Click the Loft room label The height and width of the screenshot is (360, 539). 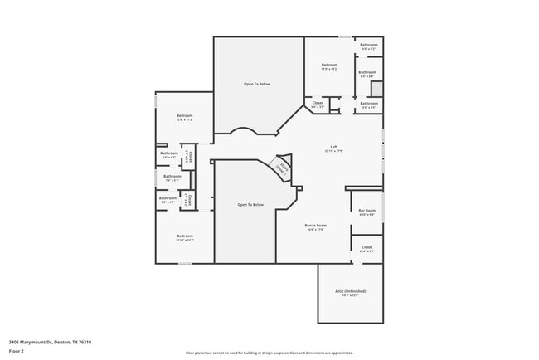pyautogui.click(x=334, y=148)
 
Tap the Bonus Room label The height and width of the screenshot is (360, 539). pyautogui.click(x=316, y=225)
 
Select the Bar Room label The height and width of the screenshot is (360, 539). pyautogui.click(x=367, y=211)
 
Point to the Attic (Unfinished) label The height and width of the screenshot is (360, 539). pyautogui.click(x=351, y=291)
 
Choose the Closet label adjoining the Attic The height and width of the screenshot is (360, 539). pyautogui.click(x=367, y=246)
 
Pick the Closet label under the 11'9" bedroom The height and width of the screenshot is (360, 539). pyautogui.click(x=318, y=103)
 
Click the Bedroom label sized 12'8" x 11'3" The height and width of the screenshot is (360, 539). pyautogui.click(x=184, y=115)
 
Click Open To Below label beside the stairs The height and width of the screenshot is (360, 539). pyautogui.click(x=250, y=204)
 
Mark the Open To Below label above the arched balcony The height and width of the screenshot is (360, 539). pyautogui.click(x=256, y=84)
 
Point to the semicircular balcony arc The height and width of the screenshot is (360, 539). pyautogui.click(x=244, y=130)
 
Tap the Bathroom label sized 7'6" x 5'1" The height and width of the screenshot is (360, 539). pyautogui.click(x=172, y=176)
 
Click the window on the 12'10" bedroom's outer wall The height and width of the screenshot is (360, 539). pyautogui.click(x=184, y=264)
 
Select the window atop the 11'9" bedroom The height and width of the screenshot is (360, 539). pyautogui.click(x=343, y=36)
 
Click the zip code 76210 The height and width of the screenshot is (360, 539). pyautogui.click(x=84, y=342)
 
